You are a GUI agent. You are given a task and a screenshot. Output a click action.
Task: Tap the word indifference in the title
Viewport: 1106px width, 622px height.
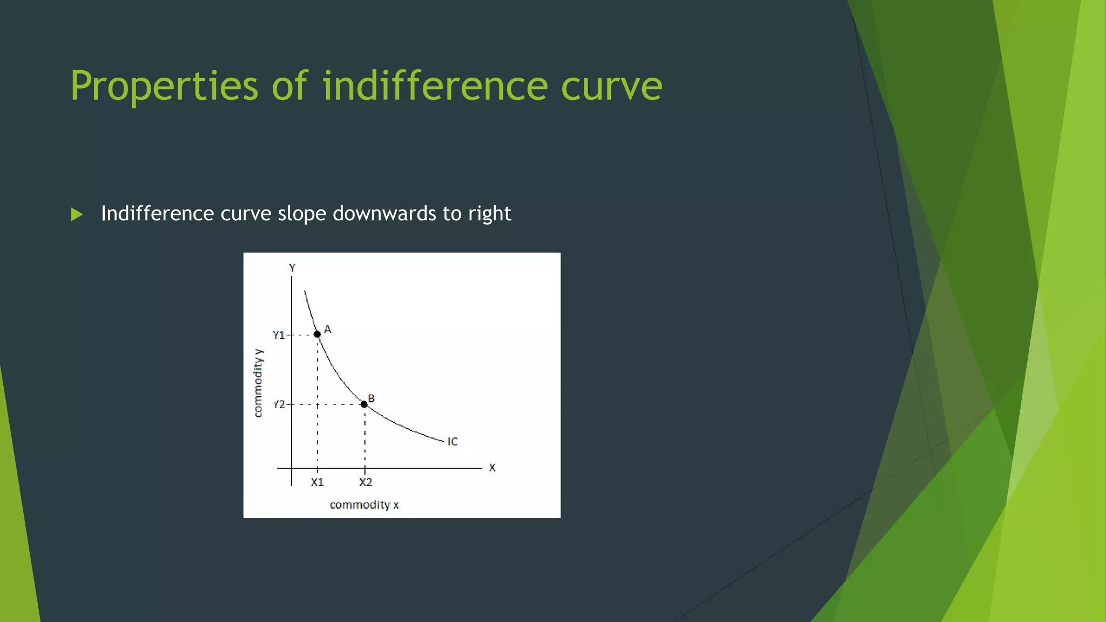click(435, 86)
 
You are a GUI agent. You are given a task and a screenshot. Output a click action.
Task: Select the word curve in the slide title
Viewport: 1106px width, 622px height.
click(611, 86)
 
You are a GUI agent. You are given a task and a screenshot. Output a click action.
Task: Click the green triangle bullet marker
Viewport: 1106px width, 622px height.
click(77, 214)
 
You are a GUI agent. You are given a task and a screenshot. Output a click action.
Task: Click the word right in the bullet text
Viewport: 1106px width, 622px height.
click(489, 214)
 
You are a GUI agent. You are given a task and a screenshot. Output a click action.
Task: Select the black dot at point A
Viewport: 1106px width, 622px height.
click(318, 334)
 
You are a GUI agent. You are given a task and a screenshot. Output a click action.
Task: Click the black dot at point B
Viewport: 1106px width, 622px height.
click(364, 404)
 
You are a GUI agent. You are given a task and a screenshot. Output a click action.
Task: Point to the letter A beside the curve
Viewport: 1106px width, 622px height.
click(327, 329)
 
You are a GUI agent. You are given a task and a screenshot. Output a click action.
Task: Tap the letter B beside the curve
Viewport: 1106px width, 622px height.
click(371, 398)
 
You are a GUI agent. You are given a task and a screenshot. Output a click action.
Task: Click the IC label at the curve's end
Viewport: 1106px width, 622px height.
click(453, 442)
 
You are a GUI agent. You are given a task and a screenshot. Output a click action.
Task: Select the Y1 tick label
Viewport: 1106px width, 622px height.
click(279, 335)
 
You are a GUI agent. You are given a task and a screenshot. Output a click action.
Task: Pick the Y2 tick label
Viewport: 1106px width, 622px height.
click(279, 404)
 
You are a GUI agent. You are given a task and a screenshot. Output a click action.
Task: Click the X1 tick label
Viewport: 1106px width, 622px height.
click(317, 482)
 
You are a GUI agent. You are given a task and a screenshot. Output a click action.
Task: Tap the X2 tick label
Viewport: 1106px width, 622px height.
click(366, 482)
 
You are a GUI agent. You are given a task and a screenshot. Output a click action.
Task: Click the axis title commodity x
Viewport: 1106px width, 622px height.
click(364, 505)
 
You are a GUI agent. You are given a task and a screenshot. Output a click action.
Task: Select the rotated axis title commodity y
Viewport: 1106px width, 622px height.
click(258, 383)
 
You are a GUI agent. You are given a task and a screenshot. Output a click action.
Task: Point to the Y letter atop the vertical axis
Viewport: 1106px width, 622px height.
click(292, 268)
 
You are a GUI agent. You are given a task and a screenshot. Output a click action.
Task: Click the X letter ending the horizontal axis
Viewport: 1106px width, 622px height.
click(492, 468)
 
